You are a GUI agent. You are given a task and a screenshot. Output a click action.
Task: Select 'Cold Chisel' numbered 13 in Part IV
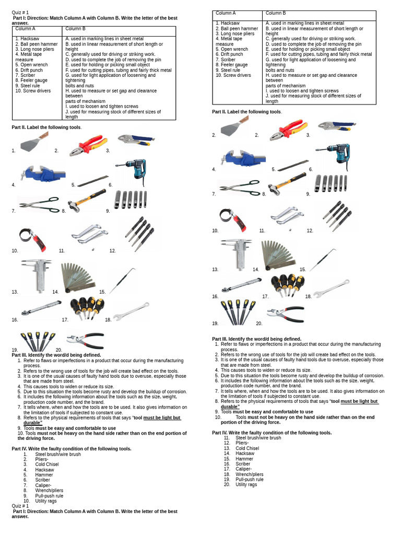click(x=247, y=448)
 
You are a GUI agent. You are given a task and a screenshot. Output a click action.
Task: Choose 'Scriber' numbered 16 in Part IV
click(x=243, y=463)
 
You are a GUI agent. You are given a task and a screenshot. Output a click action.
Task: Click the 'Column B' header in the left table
click(x=75, y=29)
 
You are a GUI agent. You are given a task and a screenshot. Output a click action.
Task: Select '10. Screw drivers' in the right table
click(x=233, y=75)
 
